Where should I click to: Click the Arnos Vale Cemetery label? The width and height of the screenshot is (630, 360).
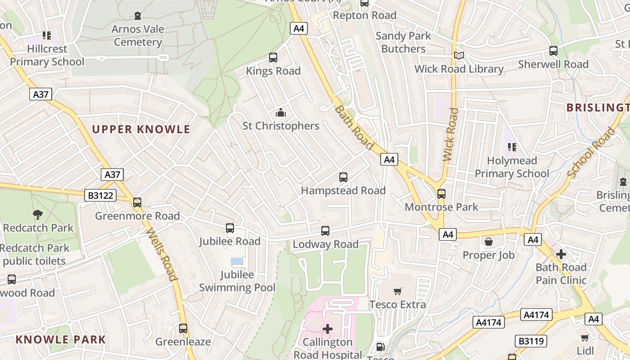tap(138, 36)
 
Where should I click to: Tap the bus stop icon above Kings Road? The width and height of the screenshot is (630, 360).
tap(273, 58)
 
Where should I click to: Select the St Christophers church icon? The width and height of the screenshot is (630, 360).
tap(281, 112)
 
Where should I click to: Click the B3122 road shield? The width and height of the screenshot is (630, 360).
tap(100, 195)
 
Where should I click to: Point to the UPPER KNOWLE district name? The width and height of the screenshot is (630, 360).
tap(141, 130)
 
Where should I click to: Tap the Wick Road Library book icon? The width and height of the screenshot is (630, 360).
tap(459, 56)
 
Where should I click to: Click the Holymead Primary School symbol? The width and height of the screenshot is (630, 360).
tap(512, 147)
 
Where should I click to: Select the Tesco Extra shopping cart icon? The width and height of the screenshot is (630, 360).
tap(397, 292)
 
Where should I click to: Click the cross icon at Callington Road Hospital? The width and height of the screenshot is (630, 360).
tap(328, 329)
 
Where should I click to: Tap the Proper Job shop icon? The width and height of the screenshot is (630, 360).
tap(489, 242)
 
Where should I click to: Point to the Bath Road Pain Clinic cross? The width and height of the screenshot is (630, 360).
tap(561, 254)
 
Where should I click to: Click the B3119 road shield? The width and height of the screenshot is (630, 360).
tap(531, 341)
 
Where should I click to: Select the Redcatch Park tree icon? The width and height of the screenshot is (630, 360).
tap(38, 215)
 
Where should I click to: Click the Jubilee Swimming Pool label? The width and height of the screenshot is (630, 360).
tap(237, 281)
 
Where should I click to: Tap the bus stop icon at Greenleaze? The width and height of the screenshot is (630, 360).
tap(183, 328)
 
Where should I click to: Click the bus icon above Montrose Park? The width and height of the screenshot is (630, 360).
tap(441, 194)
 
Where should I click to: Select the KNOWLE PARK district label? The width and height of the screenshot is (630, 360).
tap(61, 340)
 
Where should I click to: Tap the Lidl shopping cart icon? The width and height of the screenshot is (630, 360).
tap(585, 337)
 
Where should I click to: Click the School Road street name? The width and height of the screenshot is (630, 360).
tap(591, 152)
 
